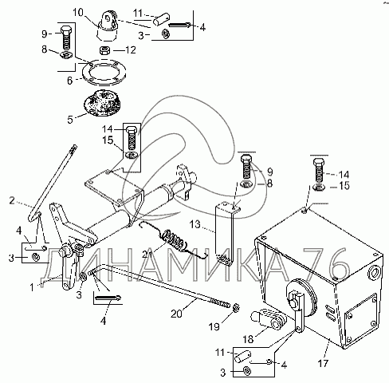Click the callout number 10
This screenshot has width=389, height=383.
pyautogui.click(x=78, y=13)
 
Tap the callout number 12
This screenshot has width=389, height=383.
pyautogui.click(x=131, y=49)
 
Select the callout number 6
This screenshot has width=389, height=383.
pyautogui.click(x=69, y=81)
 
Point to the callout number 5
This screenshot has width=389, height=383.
pyautogui.click(x=70, y=120)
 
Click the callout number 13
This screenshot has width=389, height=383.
pyautogui.click(x=195, y=224)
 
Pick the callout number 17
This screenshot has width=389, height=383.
pyautogui.click(x=323, y=363)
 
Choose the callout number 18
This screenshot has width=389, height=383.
pyautogui.click(x=248, y=339)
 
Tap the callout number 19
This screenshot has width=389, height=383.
pyautogui.click(x=214, y=326)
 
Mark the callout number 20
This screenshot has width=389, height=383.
pyautogui.click(x=176, y=314)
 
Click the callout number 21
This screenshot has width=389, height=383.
pyautogui.click(x=147, y=255)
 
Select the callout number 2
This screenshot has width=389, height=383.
pyautogui.click(x=12, y=200)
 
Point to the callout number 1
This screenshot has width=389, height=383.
pyautogui.click(x=32, y=287)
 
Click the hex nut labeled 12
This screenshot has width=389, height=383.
pyautogui.click(x=104, y=49)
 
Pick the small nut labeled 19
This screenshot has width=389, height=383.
pyautogui.click(x=236, y=308)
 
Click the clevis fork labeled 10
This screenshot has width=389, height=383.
pyautogui.click(x=108, y=26)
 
